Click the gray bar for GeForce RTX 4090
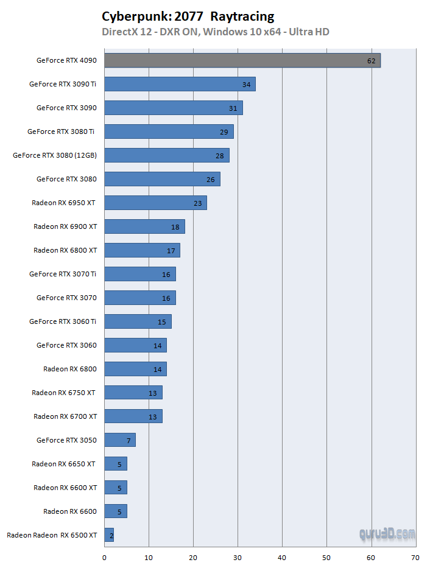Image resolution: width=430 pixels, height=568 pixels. click(242, 60)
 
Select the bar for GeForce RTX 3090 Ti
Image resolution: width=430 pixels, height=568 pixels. click(180, 84)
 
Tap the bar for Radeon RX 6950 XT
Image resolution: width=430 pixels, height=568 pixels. click(155, 203)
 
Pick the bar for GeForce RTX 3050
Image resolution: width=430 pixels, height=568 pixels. click(119, 440)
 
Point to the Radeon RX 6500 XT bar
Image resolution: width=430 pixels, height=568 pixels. click(109, 535)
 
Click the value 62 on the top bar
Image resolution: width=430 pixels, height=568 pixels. click(372, 61)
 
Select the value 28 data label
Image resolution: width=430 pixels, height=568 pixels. click(220, 156)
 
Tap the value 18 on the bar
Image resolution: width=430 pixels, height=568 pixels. click(175, 227)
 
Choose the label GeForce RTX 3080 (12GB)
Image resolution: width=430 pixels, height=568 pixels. click(55, 155)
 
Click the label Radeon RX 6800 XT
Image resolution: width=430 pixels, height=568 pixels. click(65, 250)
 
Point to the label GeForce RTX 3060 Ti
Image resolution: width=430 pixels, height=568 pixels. click(63, 321)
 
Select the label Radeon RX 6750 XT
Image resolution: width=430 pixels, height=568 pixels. click(64, 393)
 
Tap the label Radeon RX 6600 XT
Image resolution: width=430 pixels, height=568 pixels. click(65, 488)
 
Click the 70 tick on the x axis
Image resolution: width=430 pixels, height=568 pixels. click(415, 558)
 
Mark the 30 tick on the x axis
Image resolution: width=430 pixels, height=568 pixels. click(238, 558)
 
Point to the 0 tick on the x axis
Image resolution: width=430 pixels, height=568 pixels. click(104, 558)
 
